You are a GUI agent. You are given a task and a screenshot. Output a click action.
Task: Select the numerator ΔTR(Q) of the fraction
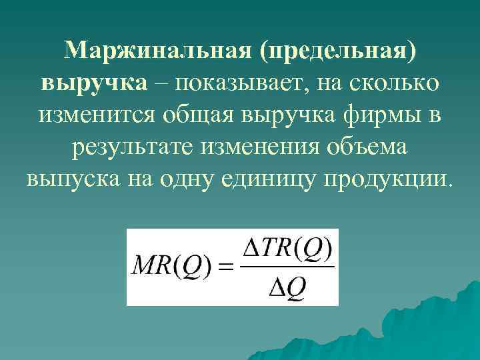tap(288, 251)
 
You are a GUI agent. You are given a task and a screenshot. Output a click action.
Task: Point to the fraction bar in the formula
tap(288, 268)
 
